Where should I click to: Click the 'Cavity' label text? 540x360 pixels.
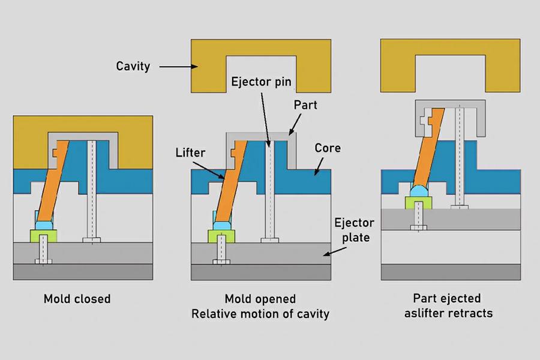click(133, 66)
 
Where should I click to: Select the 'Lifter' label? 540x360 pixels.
click(191, 153)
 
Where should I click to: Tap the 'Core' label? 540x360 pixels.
click(328, 148)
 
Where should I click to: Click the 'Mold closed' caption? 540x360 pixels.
click(77, 298)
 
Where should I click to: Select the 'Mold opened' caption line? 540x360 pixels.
click(260, 298)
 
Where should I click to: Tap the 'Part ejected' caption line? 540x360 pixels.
click(446, 298)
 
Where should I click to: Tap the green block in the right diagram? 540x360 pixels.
click(418, 202)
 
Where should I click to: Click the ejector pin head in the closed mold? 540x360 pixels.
click(92, 240)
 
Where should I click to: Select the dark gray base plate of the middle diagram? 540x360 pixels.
click(261, 272)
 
